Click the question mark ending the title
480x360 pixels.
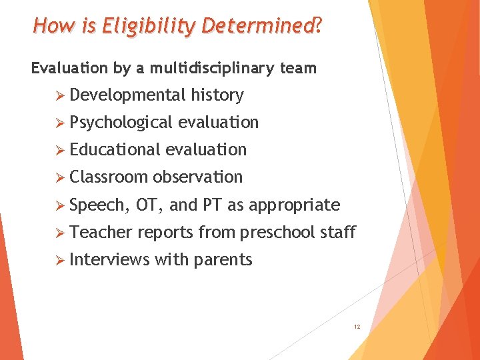coord(318,27)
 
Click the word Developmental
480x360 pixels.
coord(127,95)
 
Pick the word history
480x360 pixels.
coord(217,95)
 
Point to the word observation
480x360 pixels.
coord(197,177)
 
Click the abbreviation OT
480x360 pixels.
coord(147,205)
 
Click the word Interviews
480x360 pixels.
coord(109,259)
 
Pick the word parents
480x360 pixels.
coord(222,260)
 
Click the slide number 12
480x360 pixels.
coord(357,327)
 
